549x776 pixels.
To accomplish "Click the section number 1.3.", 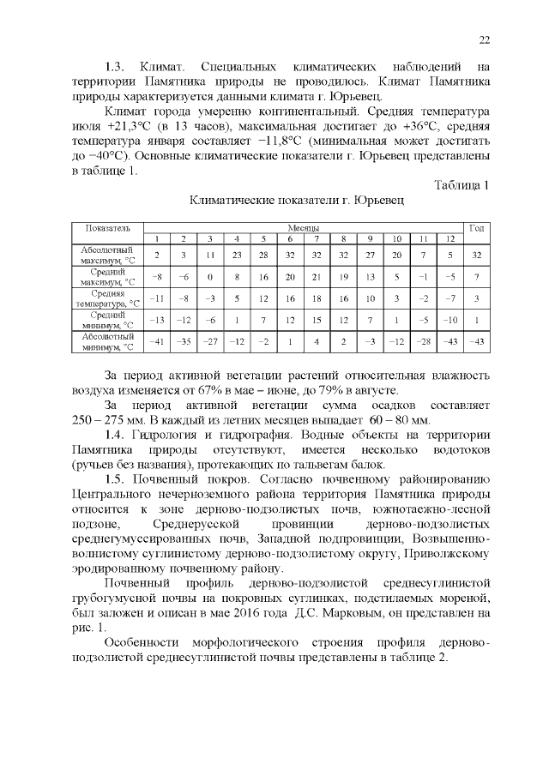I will [x=115, y=67].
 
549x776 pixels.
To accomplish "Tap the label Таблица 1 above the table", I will [x=462, y=185].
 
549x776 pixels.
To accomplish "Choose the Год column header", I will [x=477, y=228].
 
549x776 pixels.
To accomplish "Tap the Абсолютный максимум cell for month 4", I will [x=236, y=255].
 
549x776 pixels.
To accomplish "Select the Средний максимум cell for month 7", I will [x=317, y=277].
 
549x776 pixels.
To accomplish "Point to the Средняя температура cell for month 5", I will [x=263, y=298].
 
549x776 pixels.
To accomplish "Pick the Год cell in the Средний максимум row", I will [x=477, y=277].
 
